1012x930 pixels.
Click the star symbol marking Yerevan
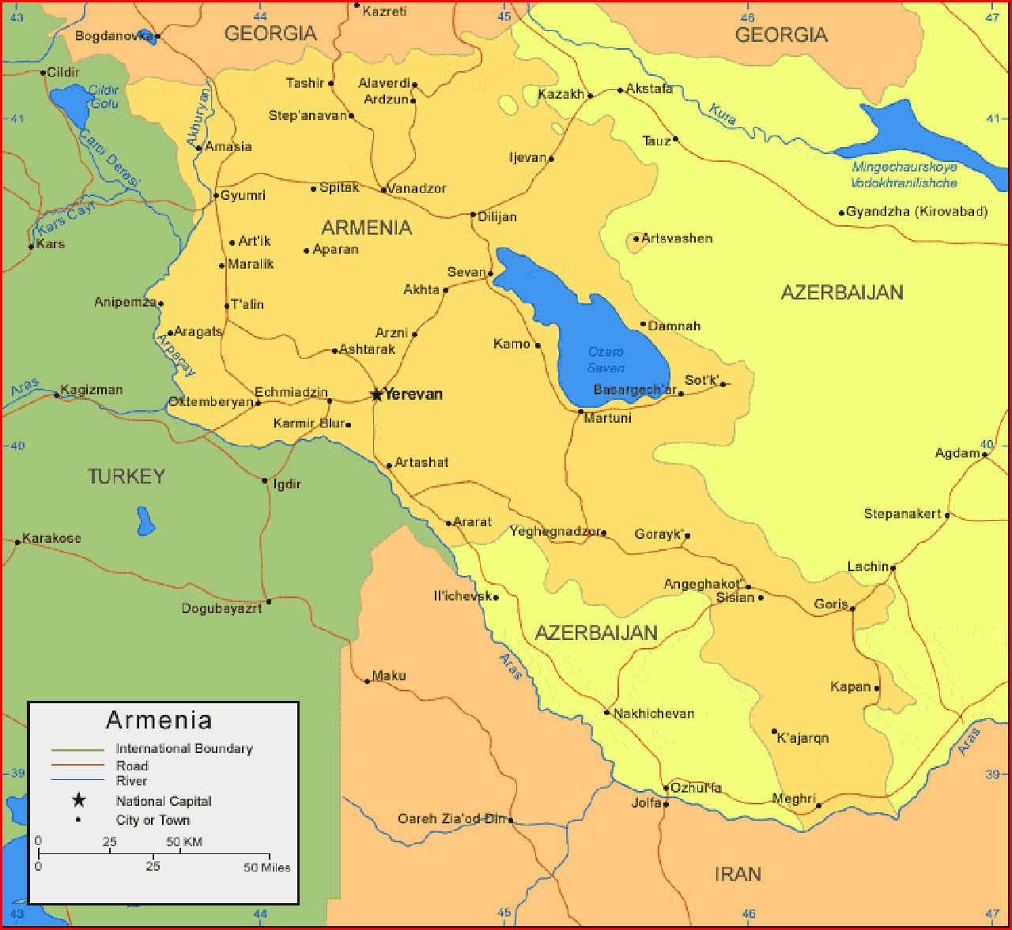pos(376,394)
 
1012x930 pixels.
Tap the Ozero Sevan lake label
pos(606,360)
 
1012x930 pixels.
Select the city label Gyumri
pos(243,195)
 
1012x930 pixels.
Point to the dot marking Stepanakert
pos(947,515)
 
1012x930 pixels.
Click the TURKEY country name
pos(126,476)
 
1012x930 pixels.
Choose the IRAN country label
pos(738,874)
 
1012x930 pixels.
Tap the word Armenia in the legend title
pos(159,720)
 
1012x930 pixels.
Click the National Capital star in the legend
pos(78,800)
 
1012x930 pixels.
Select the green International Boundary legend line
pos(77,749)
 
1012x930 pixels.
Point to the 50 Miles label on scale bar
pos(266,868)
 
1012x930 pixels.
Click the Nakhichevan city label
pos(654,714)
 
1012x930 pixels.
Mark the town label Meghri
pos(793,799)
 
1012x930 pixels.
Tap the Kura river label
pos(723,115)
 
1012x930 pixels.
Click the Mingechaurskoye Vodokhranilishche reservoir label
pos(904,175)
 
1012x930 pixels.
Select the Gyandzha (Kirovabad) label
pos(916,212)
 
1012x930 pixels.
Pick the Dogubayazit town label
pos(221,608)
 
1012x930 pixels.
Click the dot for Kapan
pos(877,687)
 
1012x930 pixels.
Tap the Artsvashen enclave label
pos(677,238)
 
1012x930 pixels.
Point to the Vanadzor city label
pos(417,189)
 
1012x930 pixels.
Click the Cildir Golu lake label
pos(104,97)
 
